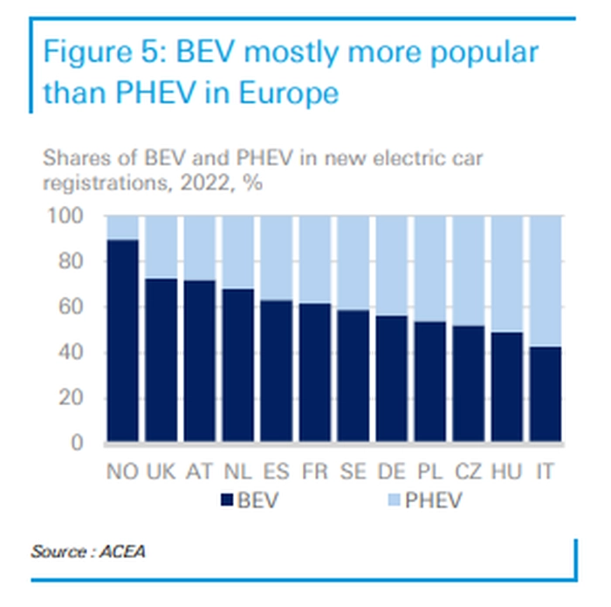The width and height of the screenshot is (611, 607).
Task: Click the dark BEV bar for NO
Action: click(x=123, y=341)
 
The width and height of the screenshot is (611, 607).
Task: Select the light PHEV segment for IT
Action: click(x=545, y=280)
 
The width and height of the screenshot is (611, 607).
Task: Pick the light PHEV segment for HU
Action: click(x=506, y=273)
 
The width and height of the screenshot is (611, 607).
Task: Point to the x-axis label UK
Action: click(x=162, y=472)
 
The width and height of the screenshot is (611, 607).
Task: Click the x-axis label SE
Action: click(x=353, y=472)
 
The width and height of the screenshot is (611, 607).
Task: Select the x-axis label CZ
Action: click(x=468, y=472)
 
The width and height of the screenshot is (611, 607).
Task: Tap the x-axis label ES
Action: click(x=277, y=472)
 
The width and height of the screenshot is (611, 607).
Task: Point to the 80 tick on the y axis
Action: click(x=74, y=261)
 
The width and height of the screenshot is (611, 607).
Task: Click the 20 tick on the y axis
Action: click(x=74, y=397)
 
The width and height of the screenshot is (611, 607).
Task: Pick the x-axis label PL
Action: click(x=429, y=472)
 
